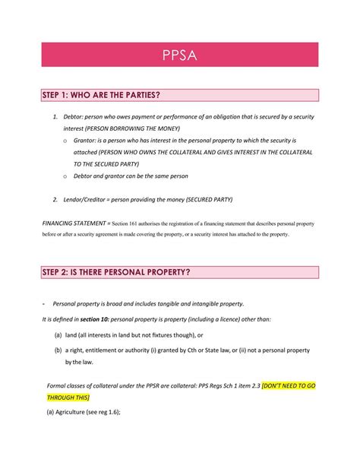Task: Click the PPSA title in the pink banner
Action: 180,55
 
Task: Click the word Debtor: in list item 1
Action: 75,116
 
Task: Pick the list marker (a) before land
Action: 58,334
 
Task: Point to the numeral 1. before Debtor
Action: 55,116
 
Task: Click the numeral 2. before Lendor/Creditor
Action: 55,199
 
